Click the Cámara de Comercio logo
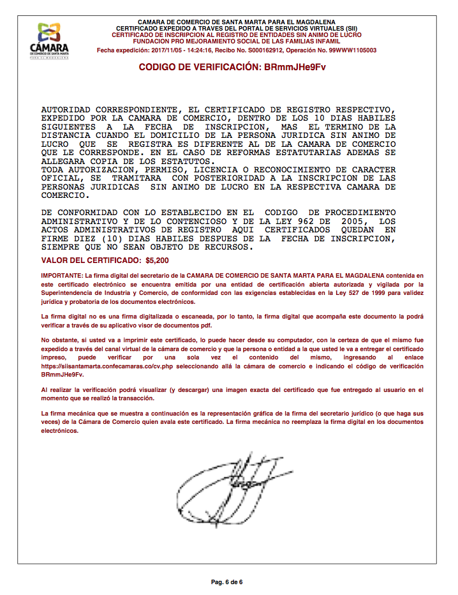[49, 40]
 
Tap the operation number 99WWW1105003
[347, 50]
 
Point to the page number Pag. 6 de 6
[228, 582]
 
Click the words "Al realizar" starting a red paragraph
[58, 388]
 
